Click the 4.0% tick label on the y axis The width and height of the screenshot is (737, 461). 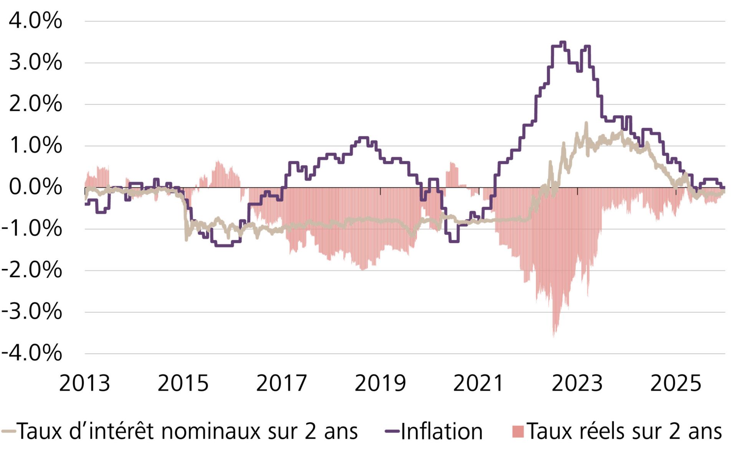click(x=35, y=21)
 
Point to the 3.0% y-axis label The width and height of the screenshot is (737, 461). click(x=35, y=62)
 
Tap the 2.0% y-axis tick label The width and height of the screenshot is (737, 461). click(x=35, y=104)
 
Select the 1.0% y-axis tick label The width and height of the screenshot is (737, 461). click(x=35, y=146)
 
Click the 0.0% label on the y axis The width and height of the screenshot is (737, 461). click(x=35, y=187)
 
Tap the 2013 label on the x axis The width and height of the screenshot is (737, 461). click(x=84, y=383)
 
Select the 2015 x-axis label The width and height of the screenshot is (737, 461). click(x=183, y=383)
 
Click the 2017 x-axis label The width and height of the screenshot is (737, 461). click(x=282, y=383)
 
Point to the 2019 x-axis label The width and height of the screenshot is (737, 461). click(x=380, y=383)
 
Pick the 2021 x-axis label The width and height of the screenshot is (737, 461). click(x=478, y=383)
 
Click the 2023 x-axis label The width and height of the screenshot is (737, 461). click(x=577, y=383)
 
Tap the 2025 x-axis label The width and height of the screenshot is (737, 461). click(x=676, y=383)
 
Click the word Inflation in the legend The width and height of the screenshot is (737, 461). click(x=441, y=431)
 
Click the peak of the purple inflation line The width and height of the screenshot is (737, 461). click(x=563, y=42)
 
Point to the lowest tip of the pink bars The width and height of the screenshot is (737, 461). click(x=554, y=337)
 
